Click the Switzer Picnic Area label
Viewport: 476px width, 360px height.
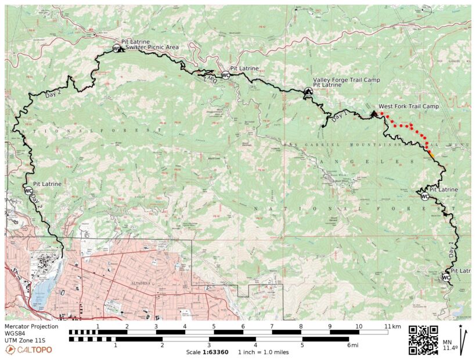tap(152, 47)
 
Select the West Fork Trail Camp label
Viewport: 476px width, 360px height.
tap(408, 106)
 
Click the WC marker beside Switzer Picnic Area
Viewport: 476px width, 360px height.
tap(116, 48)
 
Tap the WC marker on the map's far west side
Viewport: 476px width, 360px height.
tap(28, 191)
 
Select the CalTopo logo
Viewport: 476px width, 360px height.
tap(28, 350)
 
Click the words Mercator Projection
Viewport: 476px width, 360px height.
tap(32, 327)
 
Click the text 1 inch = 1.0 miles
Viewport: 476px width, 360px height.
tap(265, 352)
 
